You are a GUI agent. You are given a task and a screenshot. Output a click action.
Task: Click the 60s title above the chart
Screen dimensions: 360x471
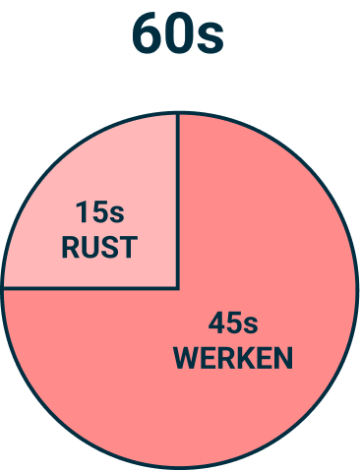pos(178,34)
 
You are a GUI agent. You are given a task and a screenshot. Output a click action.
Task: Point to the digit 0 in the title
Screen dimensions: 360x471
pos(180,34)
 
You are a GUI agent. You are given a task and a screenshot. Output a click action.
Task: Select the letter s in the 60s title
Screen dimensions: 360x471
pos(210,37)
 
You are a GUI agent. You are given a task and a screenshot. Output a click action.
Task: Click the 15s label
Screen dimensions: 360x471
pos(99,211)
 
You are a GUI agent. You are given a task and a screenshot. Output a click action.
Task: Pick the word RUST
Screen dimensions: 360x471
pos(99,247)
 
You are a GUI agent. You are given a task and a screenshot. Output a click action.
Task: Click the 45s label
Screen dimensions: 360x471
pos(233,323)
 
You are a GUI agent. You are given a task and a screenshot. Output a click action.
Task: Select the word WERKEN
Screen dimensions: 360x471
pos(233,358)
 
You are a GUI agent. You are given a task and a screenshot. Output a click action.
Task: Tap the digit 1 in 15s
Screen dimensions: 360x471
pos(82,211)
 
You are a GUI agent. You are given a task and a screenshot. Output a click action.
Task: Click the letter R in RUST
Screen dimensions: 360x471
pos(71,247)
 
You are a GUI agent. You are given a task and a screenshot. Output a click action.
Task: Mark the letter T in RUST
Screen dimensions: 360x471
pos(128,247)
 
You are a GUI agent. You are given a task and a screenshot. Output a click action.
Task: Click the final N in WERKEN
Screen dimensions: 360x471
pos(282,358)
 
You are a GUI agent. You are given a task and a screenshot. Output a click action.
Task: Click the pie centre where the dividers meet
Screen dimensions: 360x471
pos(178,288)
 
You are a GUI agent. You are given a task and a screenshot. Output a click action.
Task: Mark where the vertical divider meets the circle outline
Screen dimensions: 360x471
pos(178,112)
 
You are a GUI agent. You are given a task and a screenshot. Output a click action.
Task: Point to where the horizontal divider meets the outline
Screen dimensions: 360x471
pos(4,288)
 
